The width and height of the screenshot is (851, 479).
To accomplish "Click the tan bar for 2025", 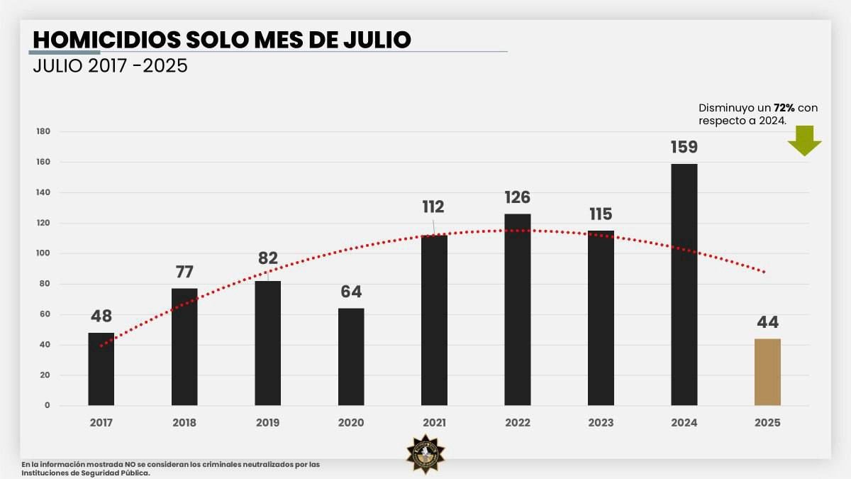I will coord(767,372).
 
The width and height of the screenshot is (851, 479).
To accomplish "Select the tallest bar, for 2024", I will coord(684,284).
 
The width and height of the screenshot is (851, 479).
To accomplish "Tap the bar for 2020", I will coord(351,356).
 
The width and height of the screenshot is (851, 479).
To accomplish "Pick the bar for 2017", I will coord(101,368).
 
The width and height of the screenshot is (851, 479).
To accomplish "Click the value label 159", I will coord(684,148).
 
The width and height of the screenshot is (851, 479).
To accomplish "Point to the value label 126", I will coord(518,197).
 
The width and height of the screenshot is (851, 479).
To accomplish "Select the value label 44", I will coord(767,322).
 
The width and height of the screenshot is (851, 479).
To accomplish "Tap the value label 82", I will coord(268,258).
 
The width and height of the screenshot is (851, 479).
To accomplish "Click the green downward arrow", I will coord(804,141).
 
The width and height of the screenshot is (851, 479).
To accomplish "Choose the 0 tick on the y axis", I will coord(48,406).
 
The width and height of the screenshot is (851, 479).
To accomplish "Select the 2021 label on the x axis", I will coord(434,423).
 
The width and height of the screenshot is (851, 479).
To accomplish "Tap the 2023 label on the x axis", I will coord(601,423).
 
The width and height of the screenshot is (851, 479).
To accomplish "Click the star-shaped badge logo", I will coord(425,455).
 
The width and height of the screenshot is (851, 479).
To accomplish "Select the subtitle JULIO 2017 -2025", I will coord(110,67).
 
